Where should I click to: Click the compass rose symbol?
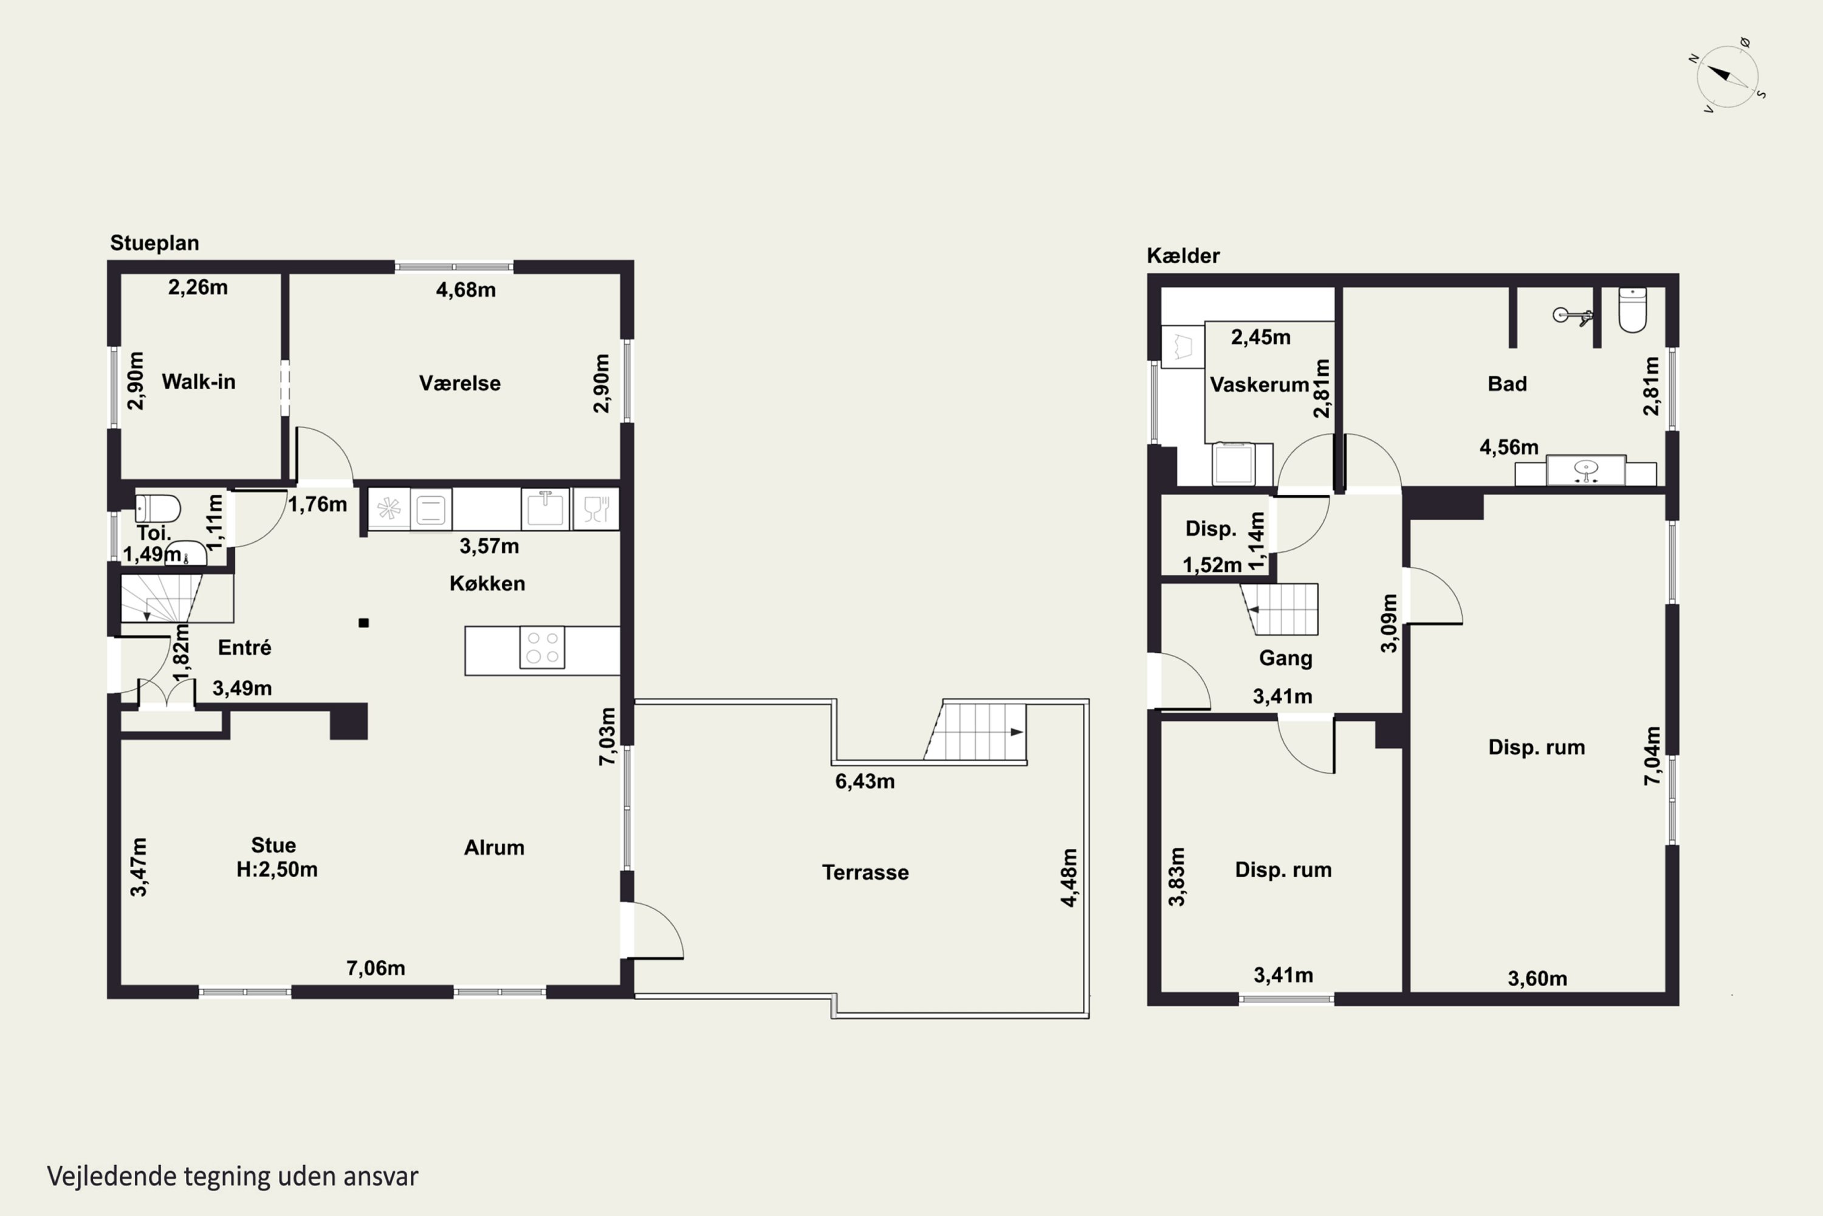[1728, 76]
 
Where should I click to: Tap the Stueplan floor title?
[154, 243]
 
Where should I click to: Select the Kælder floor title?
[1183, 255]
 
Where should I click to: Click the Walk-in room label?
[199, 382]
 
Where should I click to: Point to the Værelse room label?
[459, 383]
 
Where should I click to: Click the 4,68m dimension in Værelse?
[466, 290]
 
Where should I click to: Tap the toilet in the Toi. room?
[157, 509]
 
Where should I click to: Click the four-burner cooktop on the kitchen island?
[542, 648]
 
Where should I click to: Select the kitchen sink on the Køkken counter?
[545, 509]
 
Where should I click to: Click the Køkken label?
[487, 583]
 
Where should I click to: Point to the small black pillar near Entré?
[363, 623]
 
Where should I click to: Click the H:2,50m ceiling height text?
[276, 869]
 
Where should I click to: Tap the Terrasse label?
[865, 872]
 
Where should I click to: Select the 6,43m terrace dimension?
[865, 781]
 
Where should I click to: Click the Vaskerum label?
[1260, 385]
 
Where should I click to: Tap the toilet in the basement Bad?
[1632, 309]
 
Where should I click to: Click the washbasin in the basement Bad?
[1586, 470]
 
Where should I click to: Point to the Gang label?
[1285, 658]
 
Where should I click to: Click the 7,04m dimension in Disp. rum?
[1652, 756]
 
